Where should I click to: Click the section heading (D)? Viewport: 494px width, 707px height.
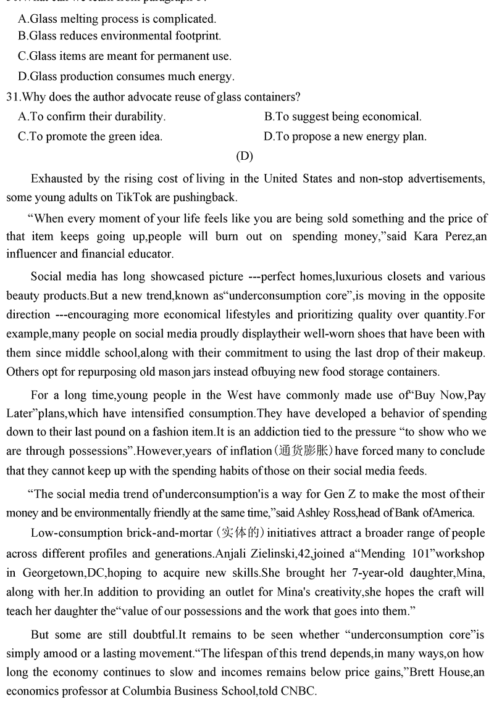click(x=245, y=156)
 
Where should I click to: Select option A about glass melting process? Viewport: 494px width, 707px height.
click(x=117, y=19)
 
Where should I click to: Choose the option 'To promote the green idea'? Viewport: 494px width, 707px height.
click(x=90, y=136)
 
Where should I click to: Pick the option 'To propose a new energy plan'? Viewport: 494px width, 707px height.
click(x=345, y=136)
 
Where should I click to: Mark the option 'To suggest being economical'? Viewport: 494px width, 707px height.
click(x=343, y=116)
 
